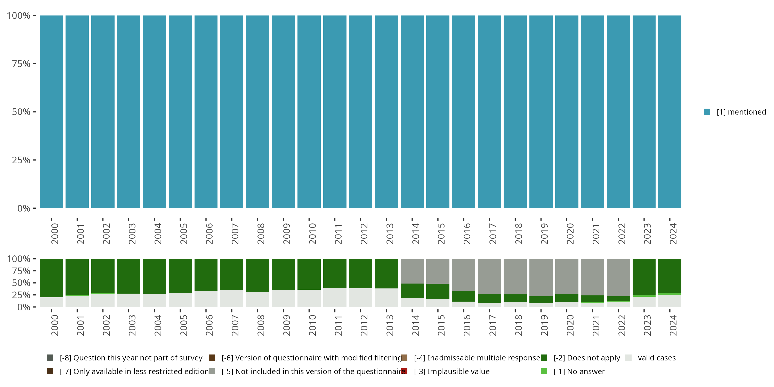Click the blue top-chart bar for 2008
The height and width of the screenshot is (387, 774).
(x=257, y=112)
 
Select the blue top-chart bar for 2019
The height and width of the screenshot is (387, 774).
(x=541, y=112)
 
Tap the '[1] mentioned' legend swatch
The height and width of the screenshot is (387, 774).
(x=707, y=112)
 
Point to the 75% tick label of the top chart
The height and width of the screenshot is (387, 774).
(x=21, y=64)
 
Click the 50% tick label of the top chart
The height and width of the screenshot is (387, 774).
(x=21, y=112)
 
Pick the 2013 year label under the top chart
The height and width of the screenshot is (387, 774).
(x=390, y=233)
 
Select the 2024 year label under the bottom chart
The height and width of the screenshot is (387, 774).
(x=673, y=325)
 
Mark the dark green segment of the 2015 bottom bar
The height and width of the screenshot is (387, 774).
(x=438, y=291)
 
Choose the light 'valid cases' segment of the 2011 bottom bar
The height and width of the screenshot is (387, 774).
(x=335, y=297)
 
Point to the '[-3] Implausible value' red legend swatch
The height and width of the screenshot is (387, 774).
(x=405, y=371)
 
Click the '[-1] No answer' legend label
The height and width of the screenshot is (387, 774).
(x=579, y=371)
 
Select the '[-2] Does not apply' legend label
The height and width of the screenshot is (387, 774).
(x=586, y=358)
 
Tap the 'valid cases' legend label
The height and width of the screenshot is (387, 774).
(x=657, y=358)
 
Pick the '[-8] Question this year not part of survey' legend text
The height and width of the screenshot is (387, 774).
(x=131, y=358)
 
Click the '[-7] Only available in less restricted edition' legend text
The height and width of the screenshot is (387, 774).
(x=134, y=371)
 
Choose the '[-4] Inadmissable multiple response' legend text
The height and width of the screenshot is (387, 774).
(x=477, y=358)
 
